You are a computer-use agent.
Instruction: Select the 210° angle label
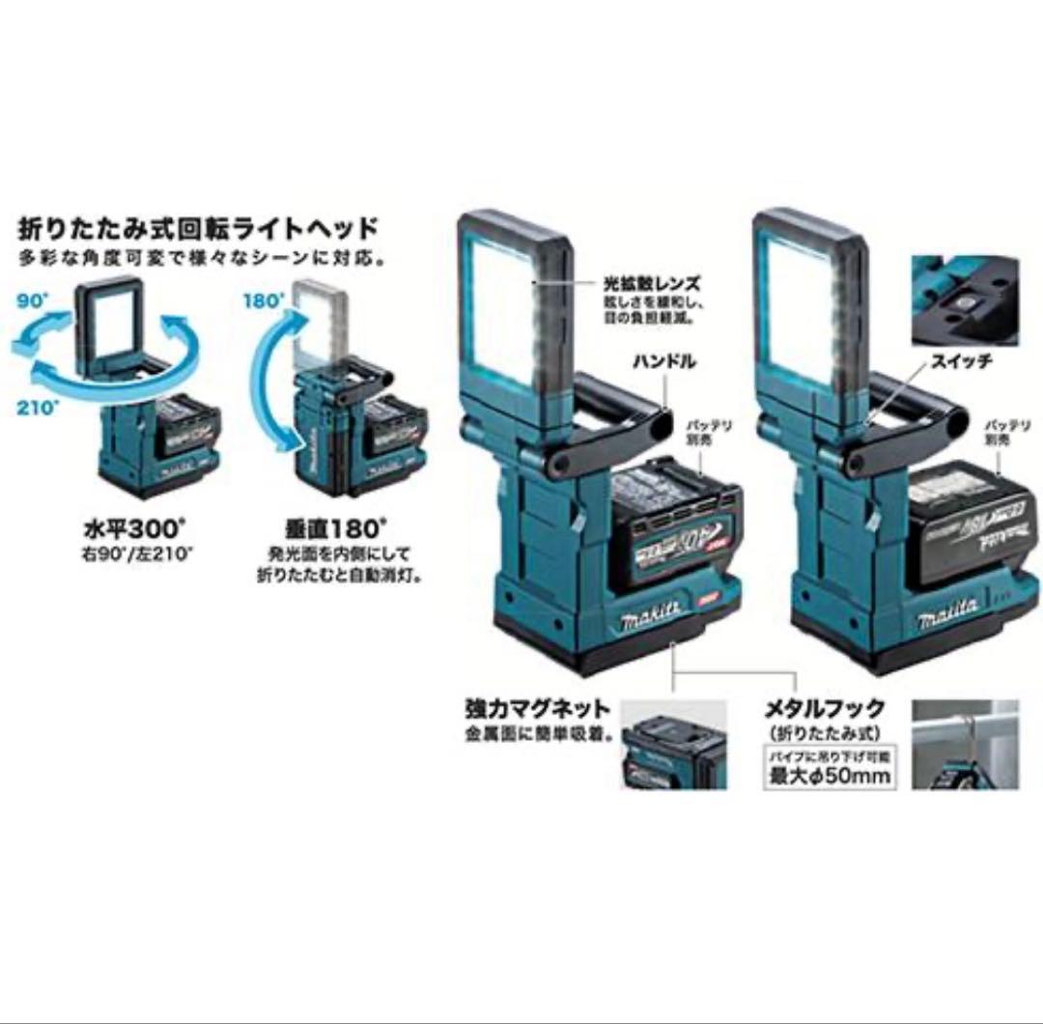point(33,405)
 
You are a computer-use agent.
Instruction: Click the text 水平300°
point(135,532)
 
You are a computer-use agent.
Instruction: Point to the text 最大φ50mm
point(830,776)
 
